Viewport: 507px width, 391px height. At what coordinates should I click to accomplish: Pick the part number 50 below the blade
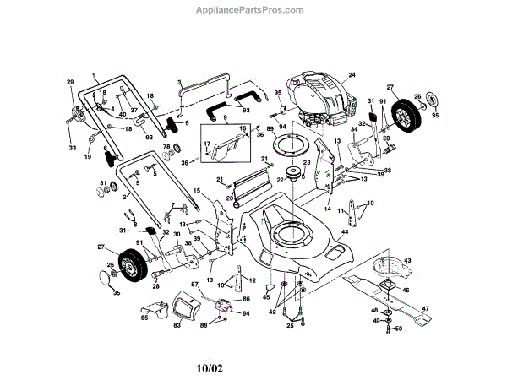tap(398, 328)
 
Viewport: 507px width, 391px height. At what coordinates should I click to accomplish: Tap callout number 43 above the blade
tap(406, 261)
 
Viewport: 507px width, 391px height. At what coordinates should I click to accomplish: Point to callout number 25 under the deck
tap(290, 323)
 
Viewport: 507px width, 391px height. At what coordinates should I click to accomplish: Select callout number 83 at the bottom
tap(178, 326)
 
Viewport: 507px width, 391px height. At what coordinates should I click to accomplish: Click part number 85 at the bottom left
tap(144, 318)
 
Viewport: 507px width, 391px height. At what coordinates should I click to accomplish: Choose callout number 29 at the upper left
tap(70, 81)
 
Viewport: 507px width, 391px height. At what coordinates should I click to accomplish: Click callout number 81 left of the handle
tap(103, 183)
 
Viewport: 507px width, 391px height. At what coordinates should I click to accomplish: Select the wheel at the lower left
tap(130, 263)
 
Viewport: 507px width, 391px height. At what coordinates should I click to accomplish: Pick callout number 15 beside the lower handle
tap(197, 191)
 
